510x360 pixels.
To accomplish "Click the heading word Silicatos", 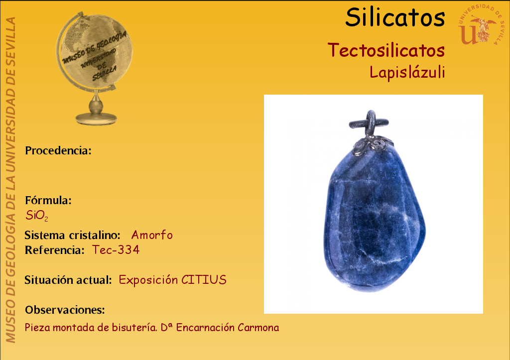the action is [395, 17].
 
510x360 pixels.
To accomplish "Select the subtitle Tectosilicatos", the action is [386, 50].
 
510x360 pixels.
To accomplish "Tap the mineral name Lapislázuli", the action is [407, 72].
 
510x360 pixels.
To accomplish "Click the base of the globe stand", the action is [96, 119].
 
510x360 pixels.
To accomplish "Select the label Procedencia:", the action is [58, 150].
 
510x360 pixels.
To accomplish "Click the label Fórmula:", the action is [48, 200].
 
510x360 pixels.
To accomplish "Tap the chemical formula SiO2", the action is [37, 216].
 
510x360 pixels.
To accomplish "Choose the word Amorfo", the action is [152, 235].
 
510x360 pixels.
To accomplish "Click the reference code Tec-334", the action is [116, 250].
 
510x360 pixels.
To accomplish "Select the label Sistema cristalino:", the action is [73, 235].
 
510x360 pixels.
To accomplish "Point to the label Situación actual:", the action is [68, 280].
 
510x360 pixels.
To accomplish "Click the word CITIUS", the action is [204, 280].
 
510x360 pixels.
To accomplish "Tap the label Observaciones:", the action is [65, 310].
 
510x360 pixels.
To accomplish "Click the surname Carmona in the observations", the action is [258, 328].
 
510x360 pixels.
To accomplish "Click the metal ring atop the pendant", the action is [370, 122].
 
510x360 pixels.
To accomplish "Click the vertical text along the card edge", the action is [11, 180].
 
